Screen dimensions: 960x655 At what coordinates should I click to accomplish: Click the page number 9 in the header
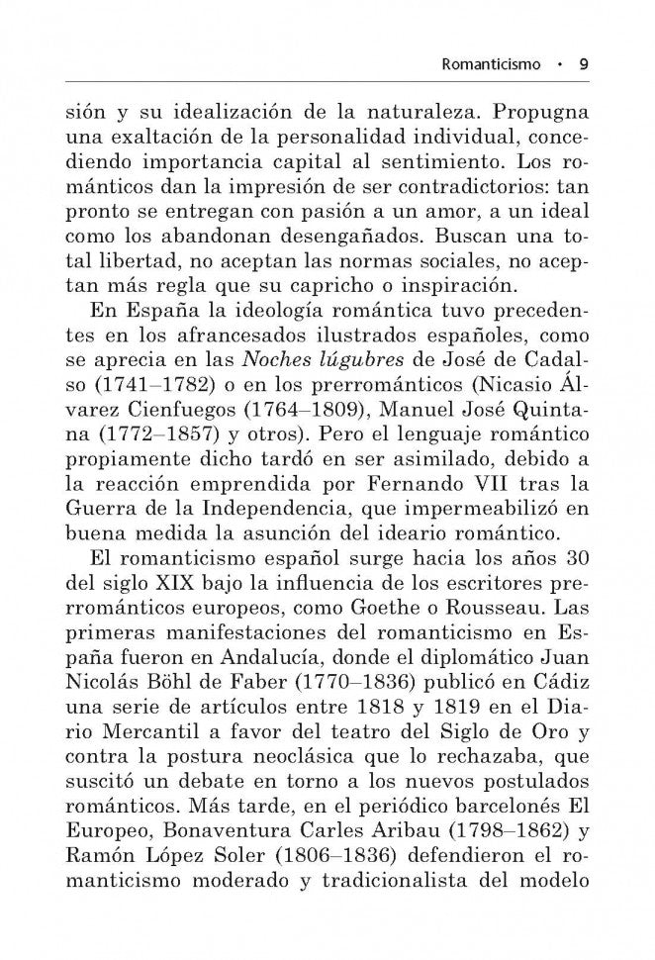point(585,63)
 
